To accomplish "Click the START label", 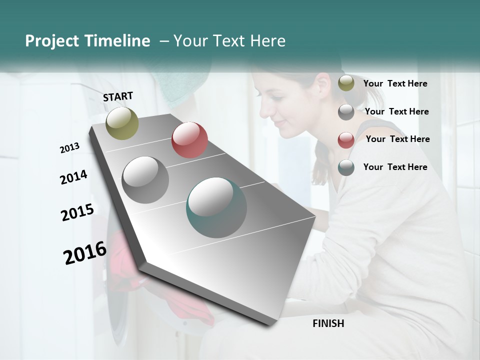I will tap(118, 96).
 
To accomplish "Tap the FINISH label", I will tap(328, 323).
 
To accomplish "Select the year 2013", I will tap(69, 148).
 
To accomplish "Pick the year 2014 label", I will tap(73, 177).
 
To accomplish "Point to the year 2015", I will tap(77, 212).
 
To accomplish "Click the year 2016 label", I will tap(85, 252).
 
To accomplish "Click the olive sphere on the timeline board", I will tap(122, 123).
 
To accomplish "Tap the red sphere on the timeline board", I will tap(189, 140).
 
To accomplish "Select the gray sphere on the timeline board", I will tap(145, 179).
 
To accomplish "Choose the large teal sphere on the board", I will tap(216, 207).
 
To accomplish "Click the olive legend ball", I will tap(346, 83).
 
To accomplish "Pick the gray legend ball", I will tap(346, 112).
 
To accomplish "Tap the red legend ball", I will tap(346, 139).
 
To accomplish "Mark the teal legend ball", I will tap(346, 167).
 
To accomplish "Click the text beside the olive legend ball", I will tap(395, 83).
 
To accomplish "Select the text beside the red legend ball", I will tap(397, 139).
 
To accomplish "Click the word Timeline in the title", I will tap(118, 41).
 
